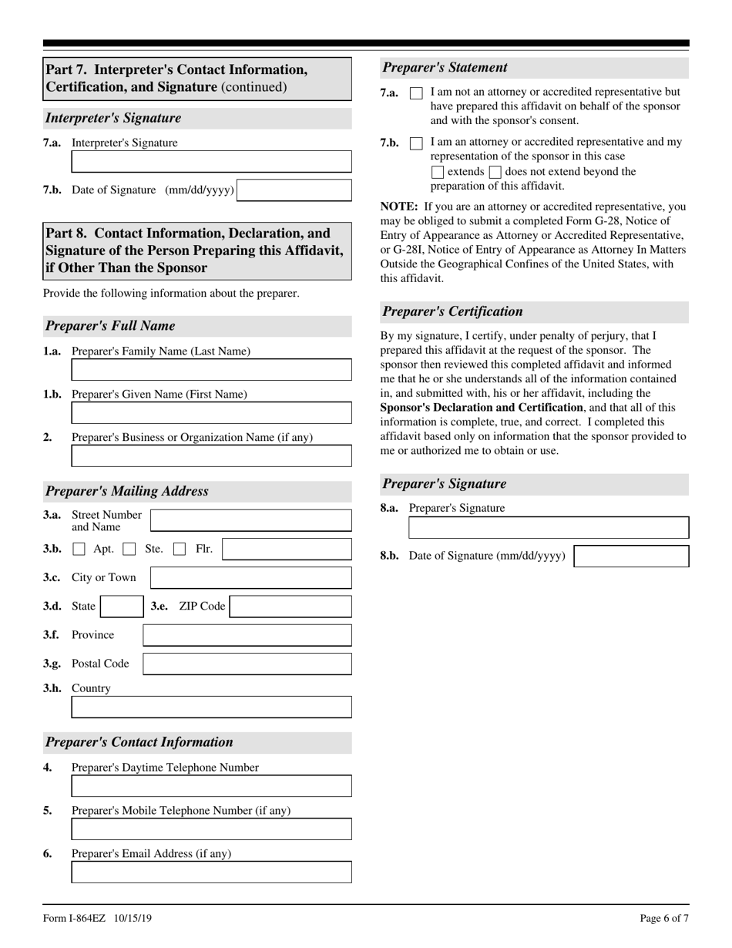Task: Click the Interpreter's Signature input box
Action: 211,161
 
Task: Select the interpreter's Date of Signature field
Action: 294,190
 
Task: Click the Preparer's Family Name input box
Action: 211,370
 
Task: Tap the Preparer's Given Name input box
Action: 211,413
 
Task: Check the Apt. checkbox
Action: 79,550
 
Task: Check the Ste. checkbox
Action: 129,550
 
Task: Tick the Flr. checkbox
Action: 180,550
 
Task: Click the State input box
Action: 122,607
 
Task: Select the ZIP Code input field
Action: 290,607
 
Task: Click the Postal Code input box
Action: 247,664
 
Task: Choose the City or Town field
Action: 250,578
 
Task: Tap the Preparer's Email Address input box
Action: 211,872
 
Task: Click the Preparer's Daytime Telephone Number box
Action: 211,786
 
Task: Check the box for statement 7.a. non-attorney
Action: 416,93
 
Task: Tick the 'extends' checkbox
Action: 438,172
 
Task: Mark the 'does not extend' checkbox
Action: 495,172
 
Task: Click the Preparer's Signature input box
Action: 548,528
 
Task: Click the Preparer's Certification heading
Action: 452,311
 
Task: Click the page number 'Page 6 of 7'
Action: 664,918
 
